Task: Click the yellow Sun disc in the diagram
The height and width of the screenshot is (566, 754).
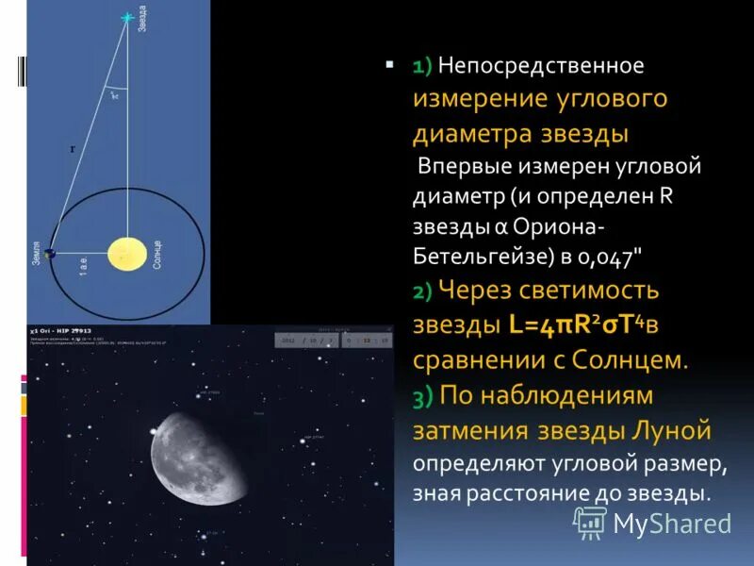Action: point(126,254)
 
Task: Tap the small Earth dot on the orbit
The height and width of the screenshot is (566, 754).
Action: point(49,253)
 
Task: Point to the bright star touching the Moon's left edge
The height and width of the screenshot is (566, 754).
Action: point(154,432)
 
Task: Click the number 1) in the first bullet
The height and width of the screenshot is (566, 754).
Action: point(421,67)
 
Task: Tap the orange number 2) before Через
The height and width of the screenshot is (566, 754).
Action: point(422,292)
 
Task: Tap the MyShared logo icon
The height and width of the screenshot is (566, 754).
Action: point(590,522)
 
